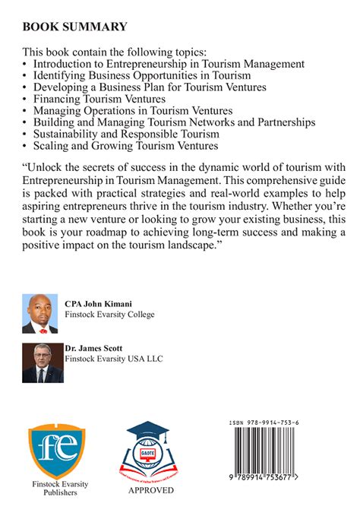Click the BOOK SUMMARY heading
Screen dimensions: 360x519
(74, 27)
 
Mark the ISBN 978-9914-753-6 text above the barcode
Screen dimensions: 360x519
(273, 423)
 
